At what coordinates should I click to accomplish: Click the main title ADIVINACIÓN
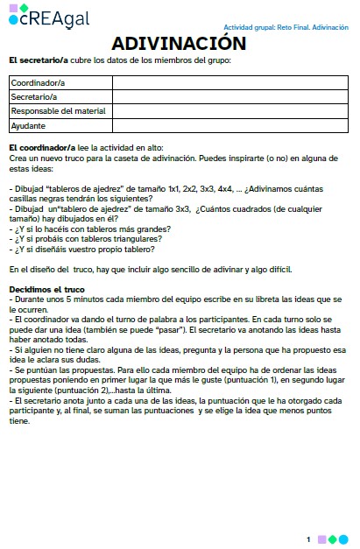coord(179,44)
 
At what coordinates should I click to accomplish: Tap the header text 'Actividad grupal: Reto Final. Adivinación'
coord(286,28)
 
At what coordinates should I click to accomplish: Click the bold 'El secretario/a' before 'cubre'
coord(39,60)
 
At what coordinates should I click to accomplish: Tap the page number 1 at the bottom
coord(308,539)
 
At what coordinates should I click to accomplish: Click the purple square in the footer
coord(321,539)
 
